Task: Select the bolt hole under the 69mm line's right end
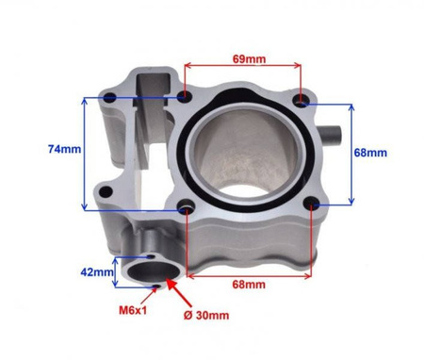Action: [x=301, y=99]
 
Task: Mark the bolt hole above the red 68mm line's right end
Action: [x=311, y=203]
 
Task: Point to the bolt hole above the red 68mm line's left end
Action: [x=189, y=206]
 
